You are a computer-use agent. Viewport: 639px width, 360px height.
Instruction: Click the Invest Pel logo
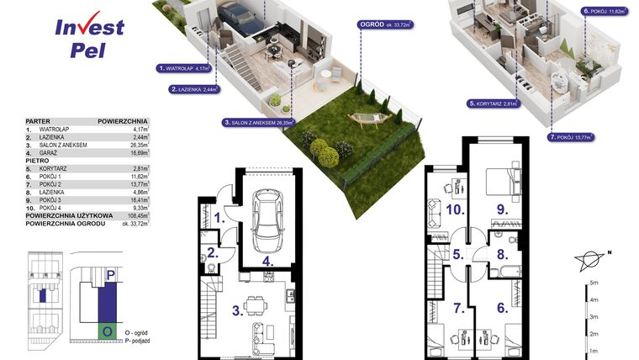tap(89, 37)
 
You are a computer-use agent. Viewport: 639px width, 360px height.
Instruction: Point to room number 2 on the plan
tap(214, 253)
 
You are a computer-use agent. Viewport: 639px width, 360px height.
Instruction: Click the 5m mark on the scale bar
tap(594, 284)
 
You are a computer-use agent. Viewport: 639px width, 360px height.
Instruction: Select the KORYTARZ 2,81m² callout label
tap(492, 104)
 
